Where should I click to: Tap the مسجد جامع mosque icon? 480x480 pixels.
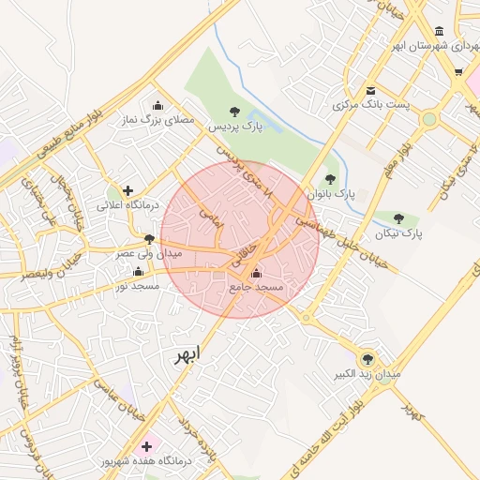[257, 273]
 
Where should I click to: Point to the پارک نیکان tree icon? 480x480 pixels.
[400, 218]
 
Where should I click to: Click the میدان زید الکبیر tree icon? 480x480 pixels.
[367, 357]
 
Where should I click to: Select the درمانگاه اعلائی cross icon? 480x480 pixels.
[128, 190]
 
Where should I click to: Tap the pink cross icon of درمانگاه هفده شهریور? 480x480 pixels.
[145, 445]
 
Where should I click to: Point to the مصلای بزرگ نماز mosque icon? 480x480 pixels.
[157, 105]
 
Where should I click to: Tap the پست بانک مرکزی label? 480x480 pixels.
[371, 105]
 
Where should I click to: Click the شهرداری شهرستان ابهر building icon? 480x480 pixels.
[440, 32]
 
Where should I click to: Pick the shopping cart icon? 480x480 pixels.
[458, 71]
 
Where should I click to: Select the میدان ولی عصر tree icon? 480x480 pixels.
[149, 240]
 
